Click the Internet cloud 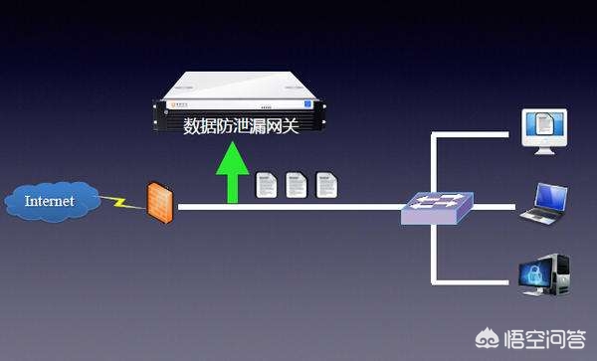tap(52, 202)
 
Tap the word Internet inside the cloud tap(50, 201)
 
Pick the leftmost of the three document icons tap(266, 185)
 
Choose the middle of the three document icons tap(295, 185)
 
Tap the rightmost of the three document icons tap(324, 185)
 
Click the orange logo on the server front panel tap(180, 103)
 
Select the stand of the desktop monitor tap(544, 149)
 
